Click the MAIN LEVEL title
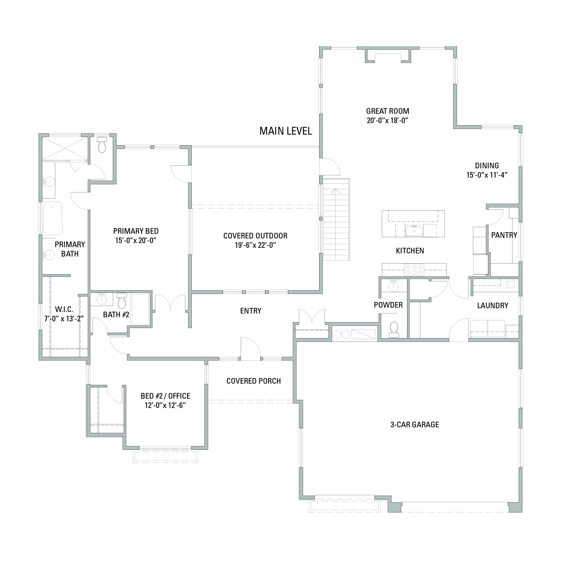pyautogui.click(x=285, y=131)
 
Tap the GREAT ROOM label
pyautogui.click(x=387, y=111)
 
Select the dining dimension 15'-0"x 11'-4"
pyautogui.click(x=487, y=175)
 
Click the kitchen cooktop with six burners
pyautogui.click(x=414, y=270)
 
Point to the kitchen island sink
pyautogui.click(x=414, y=232)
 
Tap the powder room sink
pyautogui.click(x=393, y=286)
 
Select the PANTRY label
pyautogui.click(x=504, y=235)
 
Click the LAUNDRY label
pyautogui.click(x=492, y=306)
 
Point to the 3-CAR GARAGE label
pyautogui.click(x=415, y=424)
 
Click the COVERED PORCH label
pyautogui.click(x=253, y=381)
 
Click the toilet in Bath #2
pyautogui.click(x=121, y=301)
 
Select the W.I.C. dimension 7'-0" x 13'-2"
pyautogui.click(x=64, y=319)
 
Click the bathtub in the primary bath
pyautogui.click(x=52, y=218)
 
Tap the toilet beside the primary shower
pyautogui.click(x=102, y=145)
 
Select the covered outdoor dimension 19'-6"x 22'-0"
pyautogui.click(x=256, y=245)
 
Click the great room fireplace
pyautogui.click(x=388, y=56)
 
